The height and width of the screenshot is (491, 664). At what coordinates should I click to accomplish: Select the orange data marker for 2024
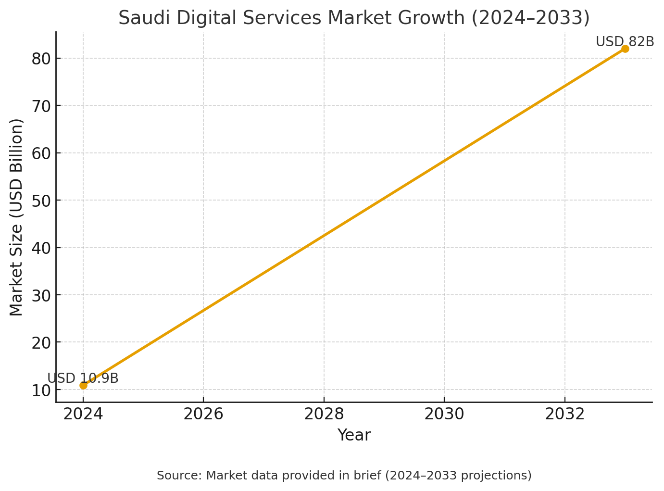(x=83, y=385)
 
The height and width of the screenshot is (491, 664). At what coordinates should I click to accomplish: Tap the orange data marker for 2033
(x=625, y=49)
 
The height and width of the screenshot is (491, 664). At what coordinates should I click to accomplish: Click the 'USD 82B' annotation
(x=625, y=41)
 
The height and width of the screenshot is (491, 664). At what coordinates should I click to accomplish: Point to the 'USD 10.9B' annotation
(x=83, y=378)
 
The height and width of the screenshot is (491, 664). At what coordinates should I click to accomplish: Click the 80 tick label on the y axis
(x=41, y=59)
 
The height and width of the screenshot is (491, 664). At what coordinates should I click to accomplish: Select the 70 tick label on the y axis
(x=41, y=106)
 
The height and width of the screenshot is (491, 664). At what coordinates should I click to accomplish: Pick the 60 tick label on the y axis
(x=41, y=153)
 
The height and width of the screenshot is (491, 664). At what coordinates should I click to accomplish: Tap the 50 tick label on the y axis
(x=41, y=201)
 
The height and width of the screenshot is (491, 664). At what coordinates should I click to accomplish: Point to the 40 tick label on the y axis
(x=41, y=248)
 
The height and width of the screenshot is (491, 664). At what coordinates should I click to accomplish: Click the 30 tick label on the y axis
(x=41, y=296)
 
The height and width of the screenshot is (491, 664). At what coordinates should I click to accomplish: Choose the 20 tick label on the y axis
(x=41, y=343)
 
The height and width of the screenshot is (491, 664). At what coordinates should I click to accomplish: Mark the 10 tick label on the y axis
(x=41, y=390)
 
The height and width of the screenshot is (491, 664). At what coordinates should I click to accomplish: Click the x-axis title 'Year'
(x=354, y=435)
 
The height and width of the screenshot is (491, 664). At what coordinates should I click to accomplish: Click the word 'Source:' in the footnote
(x=180, y=476)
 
